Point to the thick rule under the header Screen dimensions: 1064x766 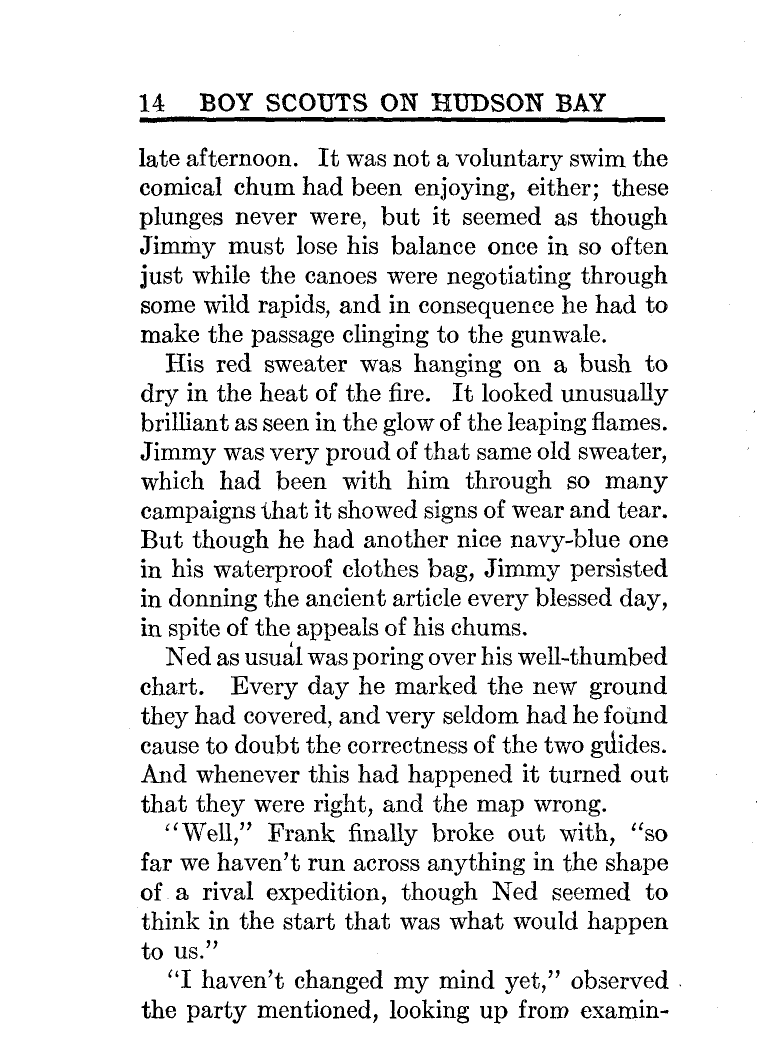coord(402,120)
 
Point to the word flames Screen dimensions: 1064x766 coord(632,423)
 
